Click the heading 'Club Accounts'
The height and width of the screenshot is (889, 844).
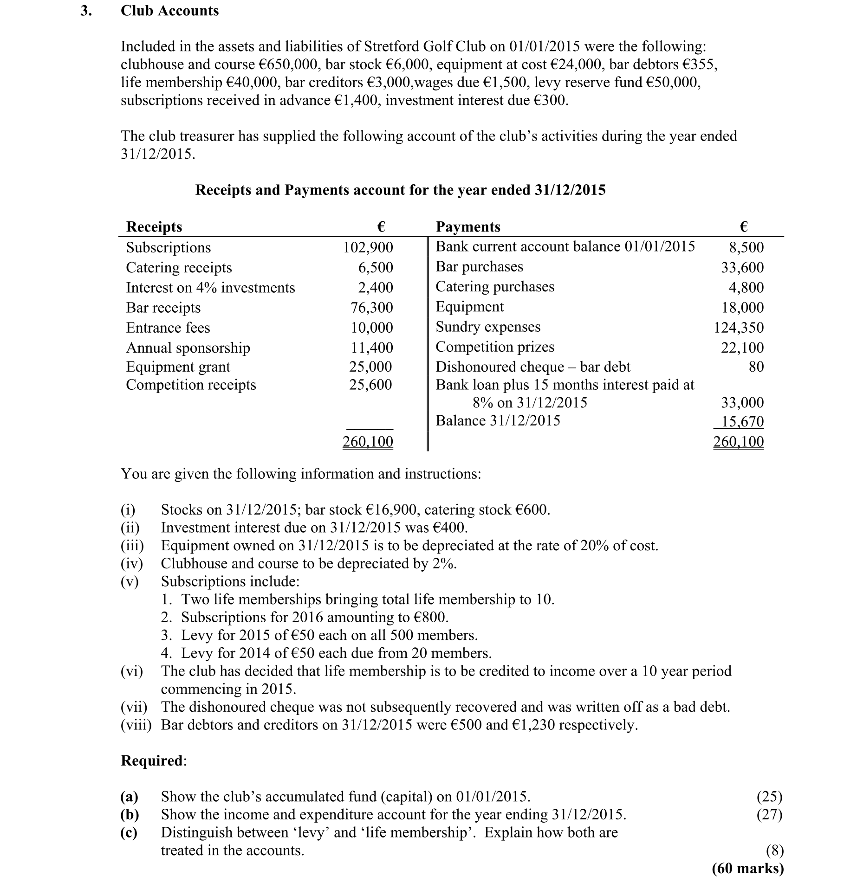(x=169, y=11)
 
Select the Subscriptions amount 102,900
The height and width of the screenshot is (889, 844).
(x=368, y=247)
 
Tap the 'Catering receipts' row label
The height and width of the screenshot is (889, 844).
(x=179, y=268)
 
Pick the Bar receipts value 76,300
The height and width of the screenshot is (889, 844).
(x=371, y=308)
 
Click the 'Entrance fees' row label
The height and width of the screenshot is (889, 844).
(x=168, y=328)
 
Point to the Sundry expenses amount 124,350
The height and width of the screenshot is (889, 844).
(x=738, y=328)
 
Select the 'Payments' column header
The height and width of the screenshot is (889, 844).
(x=468, y=226)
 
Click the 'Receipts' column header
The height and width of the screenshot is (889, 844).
(x=154, y=226)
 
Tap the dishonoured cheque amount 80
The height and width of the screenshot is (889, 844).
(x=756, y=367)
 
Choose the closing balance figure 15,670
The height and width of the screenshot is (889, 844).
(x=742, y=421)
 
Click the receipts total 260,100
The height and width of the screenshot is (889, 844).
(x=368, y=442)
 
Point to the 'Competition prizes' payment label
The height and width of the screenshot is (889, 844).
(x=495, y=347)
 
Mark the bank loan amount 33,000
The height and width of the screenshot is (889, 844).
(x=742, y=402)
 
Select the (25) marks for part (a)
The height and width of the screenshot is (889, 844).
(x=769, y=797)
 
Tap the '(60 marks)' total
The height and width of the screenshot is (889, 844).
(x=747, y=868)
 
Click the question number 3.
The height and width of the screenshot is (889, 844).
(x=85, y=11)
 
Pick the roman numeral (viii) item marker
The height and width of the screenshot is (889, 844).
(x=136, y=725)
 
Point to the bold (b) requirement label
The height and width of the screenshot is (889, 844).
(x=130, y=815)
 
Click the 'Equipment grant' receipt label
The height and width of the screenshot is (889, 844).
(x=178, y=367)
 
